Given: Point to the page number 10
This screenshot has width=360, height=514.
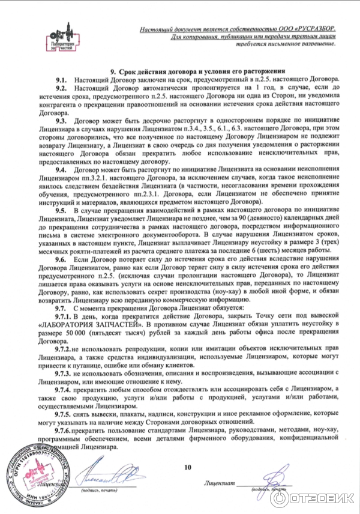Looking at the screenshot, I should click(x=187, y=467).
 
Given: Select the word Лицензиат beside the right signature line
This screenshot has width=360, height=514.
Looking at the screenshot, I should click(x=218, y=482).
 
